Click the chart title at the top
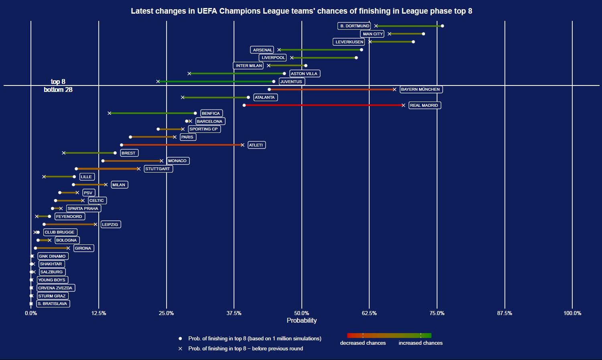point(301,11)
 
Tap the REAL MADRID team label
point(424,106)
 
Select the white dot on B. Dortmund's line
point(442,26)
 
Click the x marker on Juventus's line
point(158,81)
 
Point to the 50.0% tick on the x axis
point(301,313)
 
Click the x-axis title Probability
point(301,320)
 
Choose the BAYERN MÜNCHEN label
point(421,89)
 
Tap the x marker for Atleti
point(242,145)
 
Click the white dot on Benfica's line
point(195,113)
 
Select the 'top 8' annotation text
point(58,82)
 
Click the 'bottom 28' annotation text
point(58,89)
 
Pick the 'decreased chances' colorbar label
point(363,343)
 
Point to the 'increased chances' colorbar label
point(421,343)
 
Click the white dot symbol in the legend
point(181,339)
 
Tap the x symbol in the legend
point(181,349)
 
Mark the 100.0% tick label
point(572,313)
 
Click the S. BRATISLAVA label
point(53,304)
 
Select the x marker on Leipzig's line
point(96,224)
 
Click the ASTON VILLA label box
point(304,74)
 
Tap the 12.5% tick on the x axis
point(99,313)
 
